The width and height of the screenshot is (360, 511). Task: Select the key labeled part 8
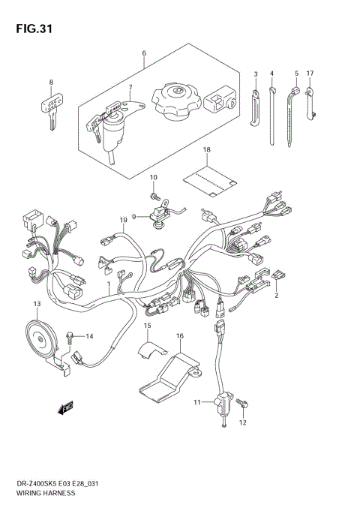(49, 107)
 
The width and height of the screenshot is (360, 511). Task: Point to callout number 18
(206, 151)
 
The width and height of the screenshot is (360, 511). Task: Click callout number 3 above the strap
(255, 74)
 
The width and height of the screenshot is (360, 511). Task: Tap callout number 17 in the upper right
(310, 74)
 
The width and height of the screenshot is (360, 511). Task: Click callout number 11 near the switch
(197, 403)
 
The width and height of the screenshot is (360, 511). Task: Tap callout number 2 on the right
(276, 296)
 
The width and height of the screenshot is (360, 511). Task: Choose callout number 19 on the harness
(123, 219)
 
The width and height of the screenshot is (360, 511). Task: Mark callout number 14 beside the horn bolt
(89, 336)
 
